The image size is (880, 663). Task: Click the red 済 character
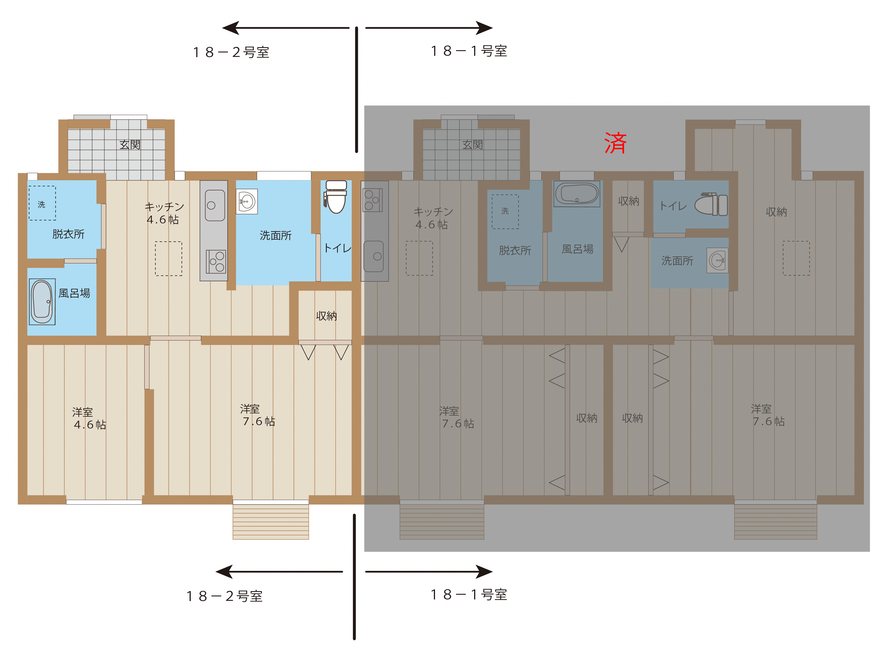coord(615,143)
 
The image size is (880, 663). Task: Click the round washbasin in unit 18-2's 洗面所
coord(247,202)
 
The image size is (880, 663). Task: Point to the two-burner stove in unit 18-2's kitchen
coord(216,261)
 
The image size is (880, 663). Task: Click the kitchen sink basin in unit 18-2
coord(215,205)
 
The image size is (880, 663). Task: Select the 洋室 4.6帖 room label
coord(89,419)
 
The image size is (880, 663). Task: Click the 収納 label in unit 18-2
coord(326,316)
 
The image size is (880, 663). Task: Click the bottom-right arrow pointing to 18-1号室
coord(429,571)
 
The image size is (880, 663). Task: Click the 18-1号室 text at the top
coord(469,51)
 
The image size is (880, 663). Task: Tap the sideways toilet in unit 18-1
coord(711,205)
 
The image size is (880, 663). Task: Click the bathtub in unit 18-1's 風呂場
coord(577,194)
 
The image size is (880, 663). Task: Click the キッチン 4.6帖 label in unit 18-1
coord(433,218)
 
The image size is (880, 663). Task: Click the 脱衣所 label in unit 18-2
coord(68,234)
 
